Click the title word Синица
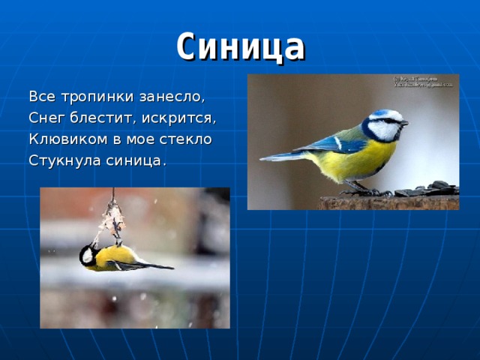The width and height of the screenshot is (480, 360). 240,46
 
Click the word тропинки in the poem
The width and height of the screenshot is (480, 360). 92,97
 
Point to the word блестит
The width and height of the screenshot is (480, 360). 100,118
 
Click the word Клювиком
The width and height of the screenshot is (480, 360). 66,139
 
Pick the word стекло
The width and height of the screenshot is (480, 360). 187,139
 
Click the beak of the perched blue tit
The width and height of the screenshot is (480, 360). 404,121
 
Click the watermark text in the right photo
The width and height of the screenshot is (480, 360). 424,82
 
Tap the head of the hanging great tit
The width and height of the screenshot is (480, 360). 88,255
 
